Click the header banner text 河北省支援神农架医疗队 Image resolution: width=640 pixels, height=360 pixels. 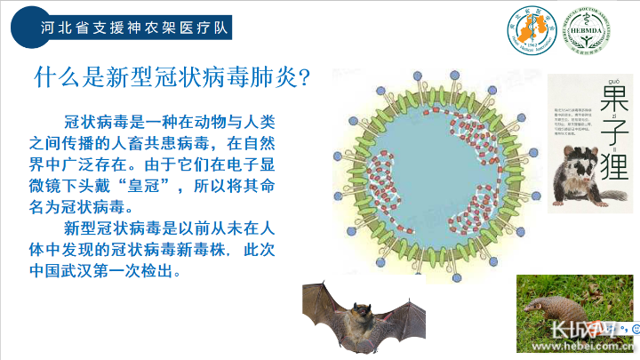133,28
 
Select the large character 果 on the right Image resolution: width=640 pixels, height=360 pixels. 613,98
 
